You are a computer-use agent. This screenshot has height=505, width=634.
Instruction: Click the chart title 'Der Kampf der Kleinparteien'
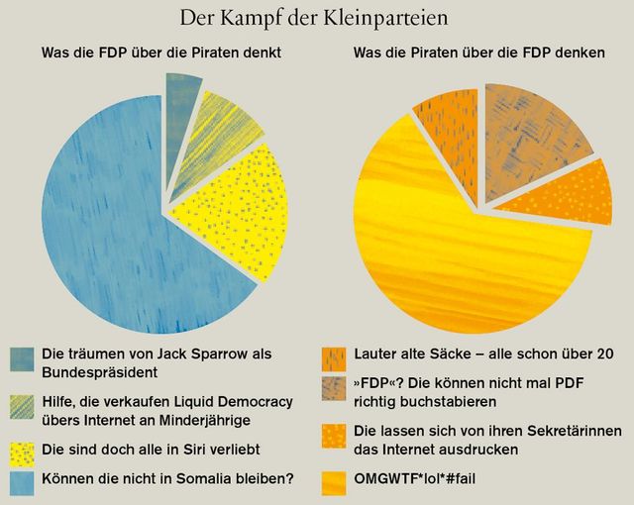click(x=317, y=17)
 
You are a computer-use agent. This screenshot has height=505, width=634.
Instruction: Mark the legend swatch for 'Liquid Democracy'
click(x=23, y=408)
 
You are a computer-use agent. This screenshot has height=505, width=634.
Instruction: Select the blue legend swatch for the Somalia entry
click(x=23, y=479)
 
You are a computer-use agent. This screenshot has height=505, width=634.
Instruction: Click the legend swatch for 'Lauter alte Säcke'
click(x=335, y=356)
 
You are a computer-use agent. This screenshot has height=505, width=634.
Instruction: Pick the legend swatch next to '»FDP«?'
click(x=335, y=388)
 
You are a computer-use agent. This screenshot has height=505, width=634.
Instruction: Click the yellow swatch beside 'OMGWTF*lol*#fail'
click(x=335, y=480)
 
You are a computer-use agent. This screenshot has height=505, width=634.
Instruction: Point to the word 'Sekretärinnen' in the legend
click(x=568, y=432)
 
